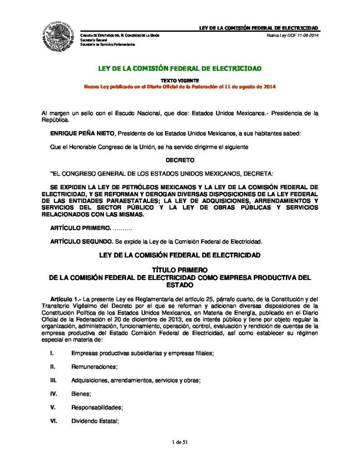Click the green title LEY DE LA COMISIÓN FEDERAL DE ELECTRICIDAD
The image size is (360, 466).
(180, 69)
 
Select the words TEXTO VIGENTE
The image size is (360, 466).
(180, 81)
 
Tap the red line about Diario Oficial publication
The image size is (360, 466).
(180, 86)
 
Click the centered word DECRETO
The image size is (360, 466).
(180, 160)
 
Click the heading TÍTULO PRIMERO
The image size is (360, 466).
(180, 270)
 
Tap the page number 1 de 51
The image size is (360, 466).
(180, 442)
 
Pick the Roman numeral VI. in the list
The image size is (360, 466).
(53, 421)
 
